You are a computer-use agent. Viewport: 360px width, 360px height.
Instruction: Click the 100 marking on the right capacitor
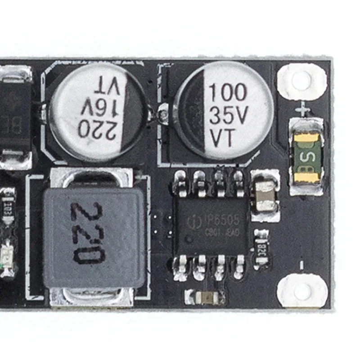(228, 93)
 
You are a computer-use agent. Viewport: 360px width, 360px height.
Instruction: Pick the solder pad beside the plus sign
(301, 81)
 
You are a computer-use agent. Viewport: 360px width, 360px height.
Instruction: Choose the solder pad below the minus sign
(301, 292)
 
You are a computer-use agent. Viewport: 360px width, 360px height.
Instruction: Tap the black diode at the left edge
(14, 112)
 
